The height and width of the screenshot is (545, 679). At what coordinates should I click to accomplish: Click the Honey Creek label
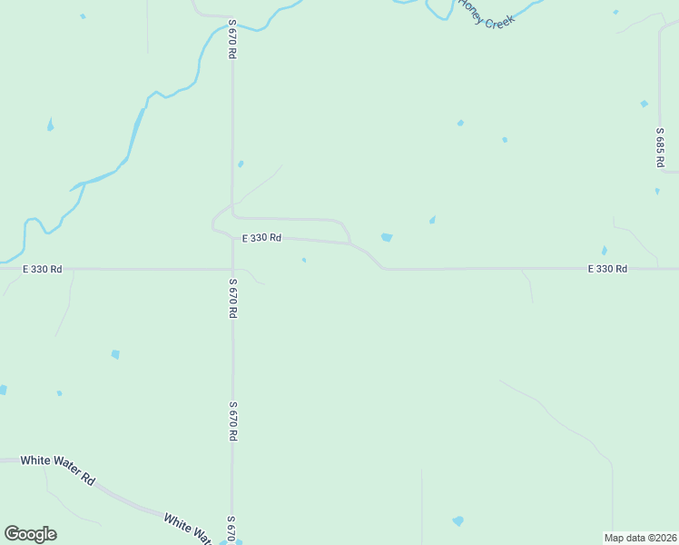click(487, 14)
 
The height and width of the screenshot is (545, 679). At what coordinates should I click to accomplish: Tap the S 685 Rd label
click(660, 146)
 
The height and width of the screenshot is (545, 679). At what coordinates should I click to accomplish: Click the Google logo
click(30, 534)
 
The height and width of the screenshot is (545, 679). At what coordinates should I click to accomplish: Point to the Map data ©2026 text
click(640, 537)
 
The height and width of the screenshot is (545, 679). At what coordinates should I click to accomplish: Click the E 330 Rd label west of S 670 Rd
click(43, 269)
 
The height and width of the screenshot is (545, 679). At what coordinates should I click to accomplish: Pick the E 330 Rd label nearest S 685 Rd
click(607, 269)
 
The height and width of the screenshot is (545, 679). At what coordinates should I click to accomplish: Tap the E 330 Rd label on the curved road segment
click(261, 238)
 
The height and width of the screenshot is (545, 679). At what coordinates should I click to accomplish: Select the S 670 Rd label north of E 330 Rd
click(232, 39)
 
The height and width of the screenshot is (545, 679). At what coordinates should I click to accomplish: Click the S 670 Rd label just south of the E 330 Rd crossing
click(232, 298)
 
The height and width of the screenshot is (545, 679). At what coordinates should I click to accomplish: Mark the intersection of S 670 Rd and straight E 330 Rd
click(232, 269)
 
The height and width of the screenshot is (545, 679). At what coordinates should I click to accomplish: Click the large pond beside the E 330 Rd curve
click(387, 238)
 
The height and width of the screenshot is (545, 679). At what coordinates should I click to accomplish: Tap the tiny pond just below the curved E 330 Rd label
click(304, 261)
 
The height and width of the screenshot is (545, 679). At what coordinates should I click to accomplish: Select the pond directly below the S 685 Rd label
click(657, 191)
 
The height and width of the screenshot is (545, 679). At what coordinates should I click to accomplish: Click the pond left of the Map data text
click(458, 521)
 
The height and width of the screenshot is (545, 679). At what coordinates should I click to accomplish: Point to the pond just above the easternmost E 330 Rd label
click(604, 251)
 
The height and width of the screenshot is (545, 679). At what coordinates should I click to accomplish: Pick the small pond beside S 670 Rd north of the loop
click(241, 164)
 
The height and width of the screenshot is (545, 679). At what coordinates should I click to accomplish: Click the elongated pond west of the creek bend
click(50, 124)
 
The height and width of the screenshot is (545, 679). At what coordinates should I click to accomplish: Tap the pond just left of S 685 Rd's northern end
click(644, 104)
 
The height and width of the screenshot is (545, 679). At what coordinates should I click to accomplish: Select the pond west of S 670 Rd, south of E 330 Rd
click(115, 354)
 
